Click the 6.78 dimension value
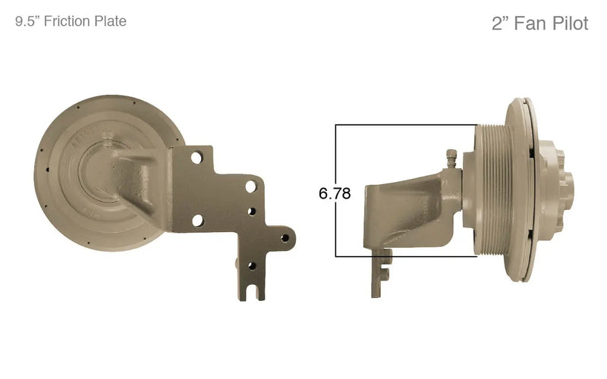(335, 193)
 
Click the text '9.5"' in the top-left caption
(28, 22)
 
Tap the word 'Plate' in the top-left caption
(110, 22)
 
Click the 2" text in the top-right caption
(500, 23)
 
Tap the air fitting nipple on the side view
(451, 159)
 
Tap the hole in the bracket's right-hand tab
(285, 237)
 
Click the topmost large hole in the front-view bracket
(196, 158)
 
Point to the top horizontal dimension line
(406, 125)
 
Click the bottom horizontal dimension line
(406, 256)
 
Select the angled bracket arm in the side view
(414, 205)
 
